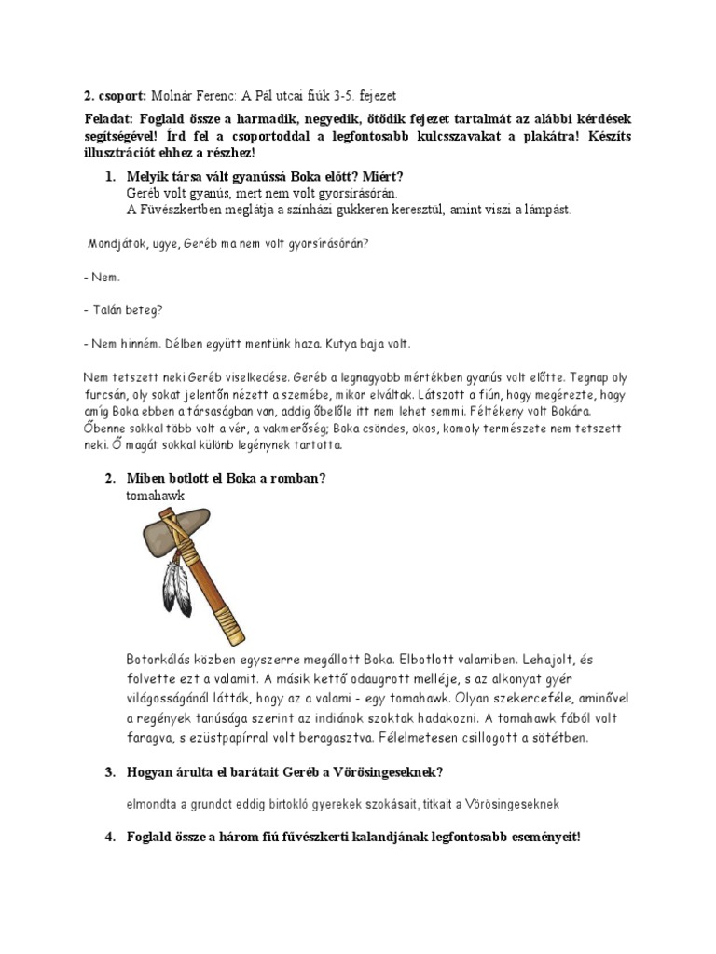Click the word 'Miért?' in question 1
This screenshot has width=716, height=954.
click(x=383, y=176)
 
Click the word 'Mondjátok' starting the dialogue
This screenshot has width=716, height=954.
click(x=117, y=244)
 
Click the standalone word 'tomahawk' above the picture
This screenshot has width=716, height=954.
click(x=156, y=496)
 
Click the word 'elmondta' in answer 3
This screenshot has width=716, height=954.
click(x=151, y=803)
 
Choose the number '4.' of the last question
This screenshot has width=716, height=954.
click(x=110, y=837)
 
